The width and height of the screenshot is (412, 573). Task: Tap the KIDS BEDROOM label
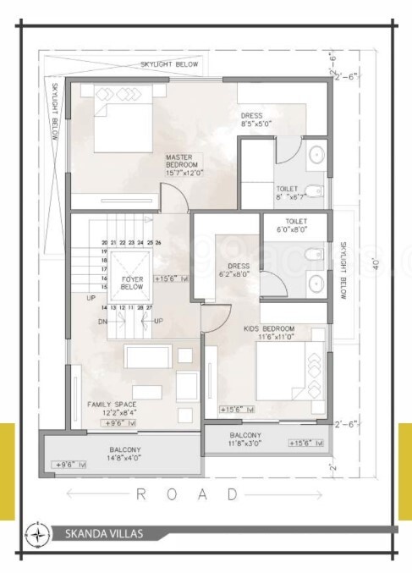(x=270, y=331)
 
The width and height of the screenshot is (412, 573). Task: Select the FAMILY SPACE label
(x=113, y=409)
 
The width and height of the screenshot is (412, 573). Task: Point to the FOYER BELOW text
(x=132, y=282)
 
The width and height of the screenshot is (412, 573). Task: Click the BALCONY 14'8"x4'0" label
(x=124, y=454)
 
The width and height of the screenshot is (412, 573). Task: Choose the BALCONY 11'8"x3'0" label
(x=245, y=438)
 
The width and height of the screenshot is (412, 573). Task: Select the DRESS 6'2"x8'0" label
(x=234, y=269)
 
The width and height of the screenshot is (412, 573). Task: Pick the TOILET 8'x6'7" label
(x=288, y=193)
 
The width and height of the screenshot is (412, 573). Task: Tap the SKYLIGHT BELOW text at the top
(x=170, y=63)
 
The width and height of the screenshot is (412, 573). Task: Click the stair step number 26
(x=158, y=243)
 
